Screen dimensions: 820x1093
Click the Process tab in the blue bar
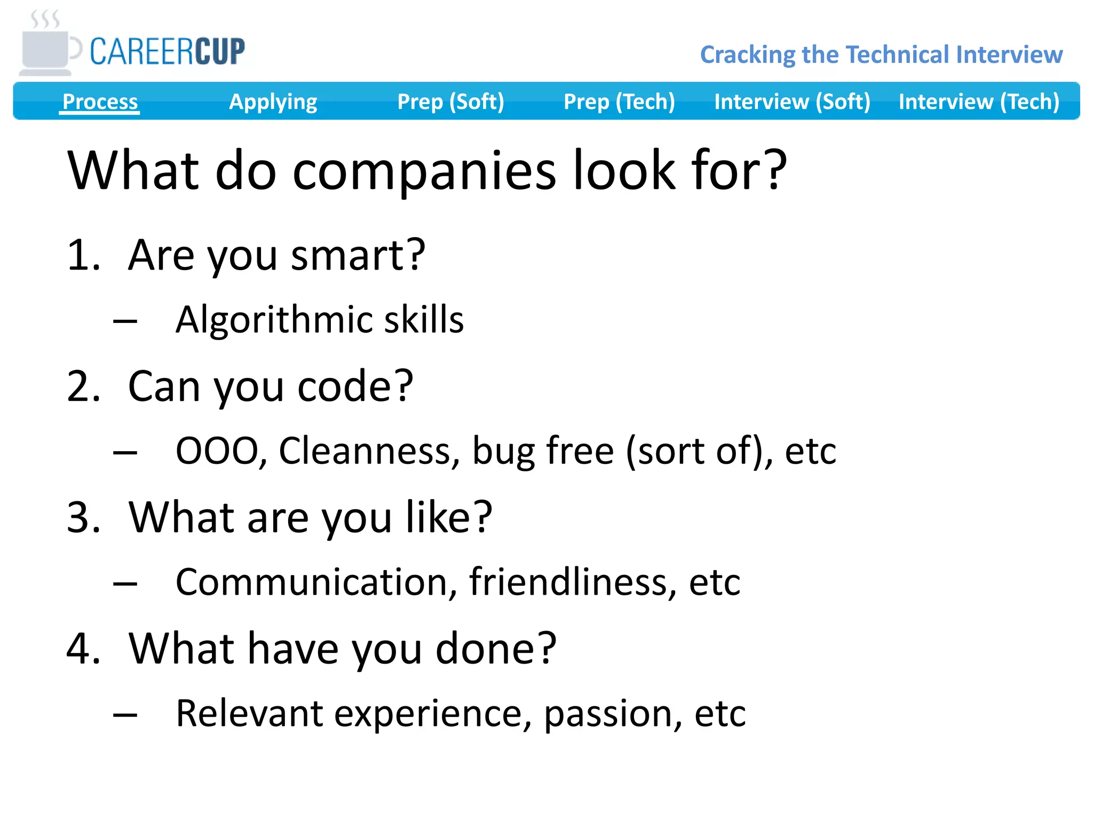coord(100,101)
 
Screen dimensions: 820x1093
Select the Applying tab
coord(273,101)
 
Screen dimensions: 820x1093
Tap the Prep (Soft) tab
coord(450,101)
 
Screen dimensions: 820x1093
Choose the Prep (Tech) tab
coord(619,101)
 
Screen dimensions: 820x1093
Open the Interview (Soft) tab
coord(792,101)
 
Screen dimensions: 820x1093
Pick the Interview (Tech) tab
coord(979,101)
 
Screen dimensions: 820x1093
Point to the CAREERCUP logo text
coord(167,52)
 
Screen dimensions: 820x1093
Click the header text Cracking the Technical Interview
coord(881,54)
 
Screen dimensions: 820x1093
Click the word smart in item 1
coord(358,255)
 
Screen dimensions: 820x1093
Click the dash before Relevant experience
coord(125,714)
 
